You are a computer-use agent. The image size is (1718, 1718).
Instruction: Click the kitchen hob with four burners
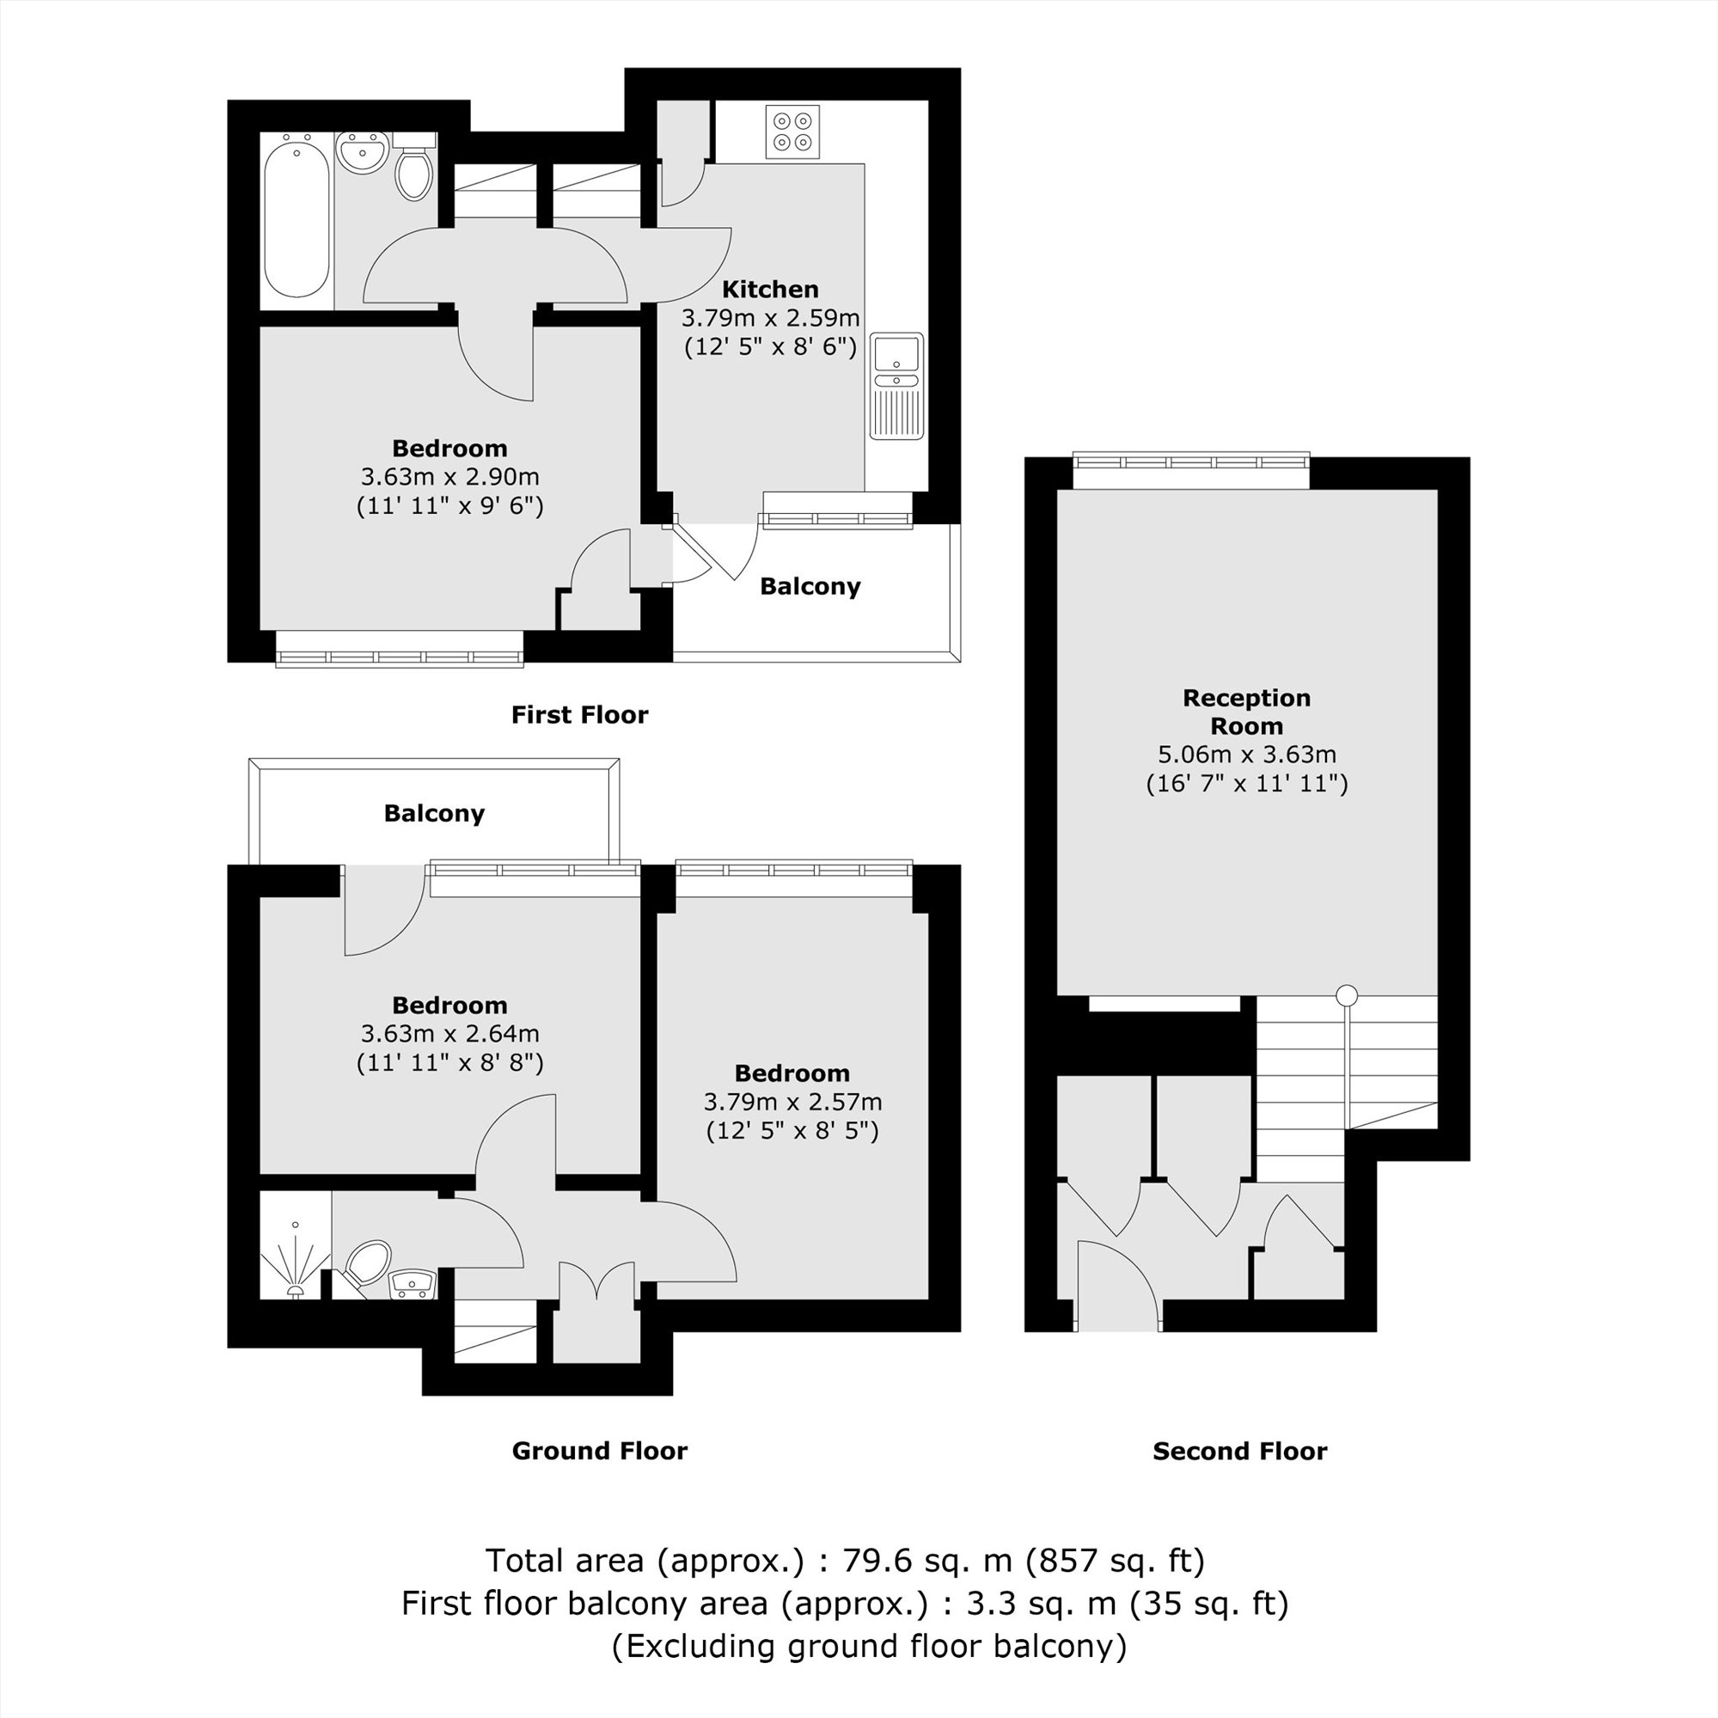792,131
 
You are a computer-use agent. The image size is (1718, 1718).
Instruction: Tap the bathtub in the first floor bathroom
297,215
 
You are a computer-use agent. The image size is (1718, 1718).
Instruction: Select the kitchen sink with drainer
896,386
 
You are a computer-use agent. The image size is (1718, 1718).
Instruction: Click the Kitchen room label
770,289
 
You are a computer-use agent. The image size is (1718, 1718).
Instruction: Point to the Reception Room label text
1246,712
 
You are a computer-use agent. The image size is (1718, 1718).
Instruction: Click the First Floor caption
579,715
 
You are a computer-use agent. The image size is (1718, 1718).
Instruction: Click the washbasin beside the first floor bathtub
363,152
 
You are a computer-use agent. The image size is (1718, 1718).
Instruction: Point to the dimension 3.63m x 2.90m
449,478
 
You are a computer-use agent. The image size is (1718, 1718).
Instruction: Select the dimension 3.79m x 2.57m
792,1103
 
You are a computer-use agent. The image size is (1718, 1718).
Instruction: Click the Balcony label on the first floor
810,587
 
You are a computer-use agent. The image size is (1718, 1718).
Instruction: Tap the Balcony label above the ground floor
434,814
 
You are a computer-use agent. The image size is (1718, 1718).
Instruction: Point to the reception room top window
1190,462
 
